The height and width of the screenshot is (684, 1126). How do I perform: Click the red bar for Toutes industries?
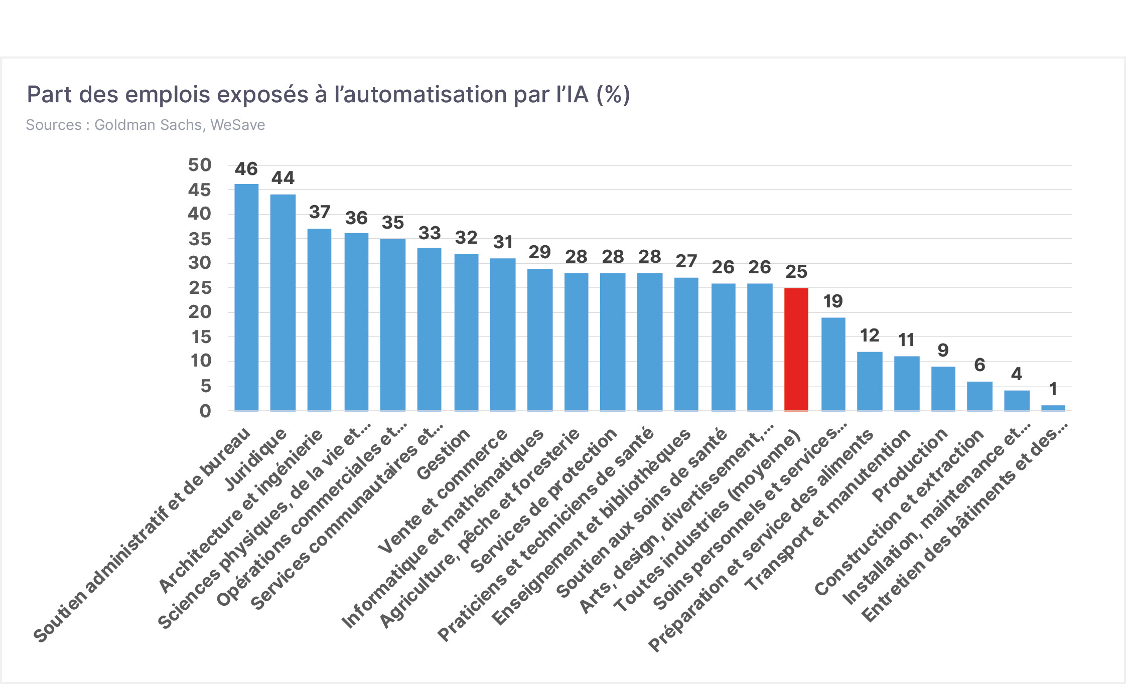[x=796, y=350]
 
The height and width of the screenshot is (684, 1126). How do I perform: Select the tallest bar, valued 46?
[x=246, y=297]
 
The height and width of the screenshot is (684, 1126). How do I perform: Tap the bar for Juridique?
[x=283, y=303]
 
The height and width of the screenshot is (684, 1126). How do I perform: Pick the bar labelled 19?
[x=833, y=364]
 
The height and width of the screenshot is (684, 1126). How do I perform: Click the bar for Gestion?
[x=467, y=332]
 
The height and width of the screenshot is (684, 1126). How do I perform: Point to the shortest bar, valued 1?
[x=1053, y=408]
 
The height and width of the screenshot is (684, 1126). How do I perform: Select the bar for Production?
[x=943, y=389]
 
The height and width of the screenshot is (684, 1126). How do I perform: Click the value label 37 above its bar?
[x=320, y=212]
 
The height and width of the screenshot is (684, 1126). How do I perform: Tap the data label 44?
[x=283, y=178]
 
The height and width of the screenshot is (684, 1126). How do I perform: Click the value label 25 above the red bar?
[x=796, y=272]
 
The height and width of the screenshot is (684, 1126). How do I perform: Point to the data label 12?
[x=870, y=335]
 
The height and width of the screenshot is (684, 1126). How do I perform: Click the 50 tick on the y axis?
[x=200, y=165]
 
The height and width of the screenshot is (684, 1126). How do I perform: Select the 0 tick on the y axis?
[x=205, y=411]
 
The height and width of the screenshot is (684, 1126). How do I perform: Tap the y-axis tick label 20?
[x=200, y=312]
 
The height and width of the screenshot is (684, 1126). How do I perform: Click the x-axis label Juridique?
[x=256, y=459]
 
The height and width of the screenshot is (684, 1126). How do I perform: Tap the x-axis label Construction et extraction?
[x=899, y=512]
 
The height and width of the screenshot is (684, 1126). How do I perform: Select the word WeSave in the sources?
[x=238, y=125]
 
